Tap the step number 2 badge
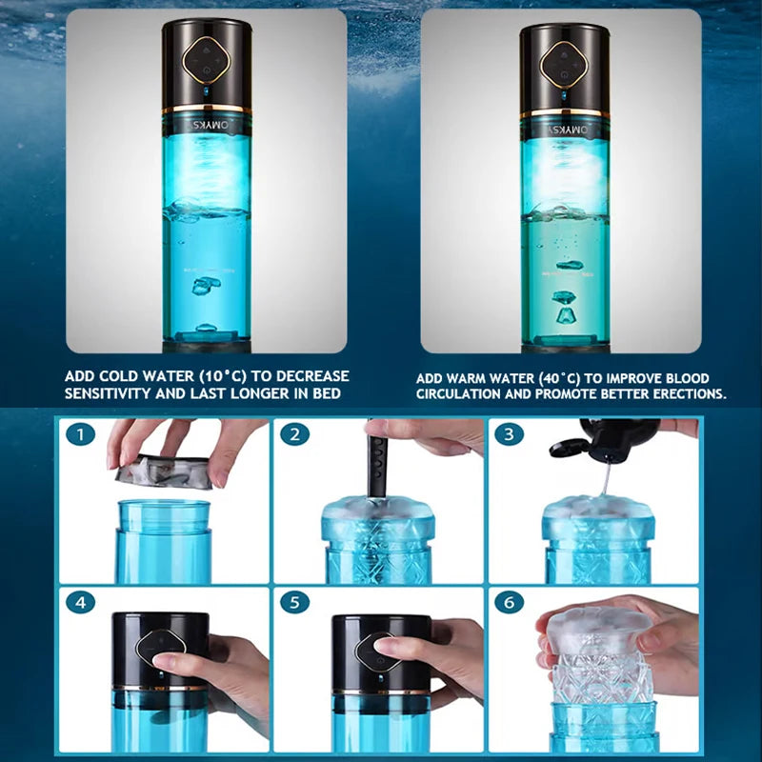click(296, 435)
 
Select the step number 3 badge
click(510, 435)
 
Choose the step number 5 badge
click(296, 604)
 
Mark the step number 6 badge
click(510, 604)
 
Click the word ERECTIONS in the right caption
click(680, 393)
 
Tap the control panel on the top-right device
click(562, 59)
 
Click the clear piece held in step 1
click(164, 470)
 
